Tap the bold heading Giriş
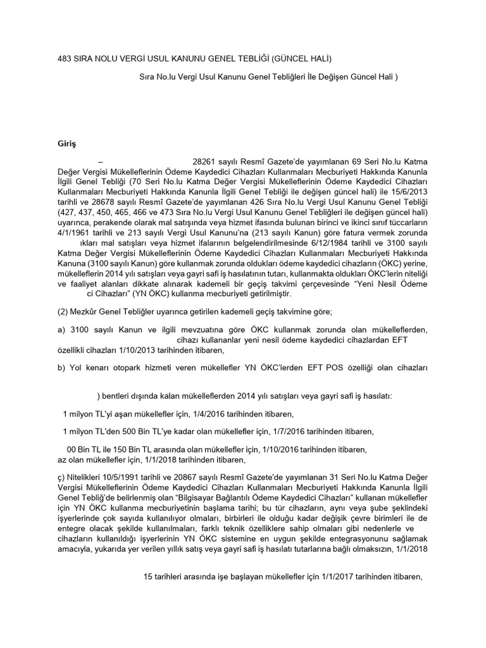(x=66, y=145)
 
